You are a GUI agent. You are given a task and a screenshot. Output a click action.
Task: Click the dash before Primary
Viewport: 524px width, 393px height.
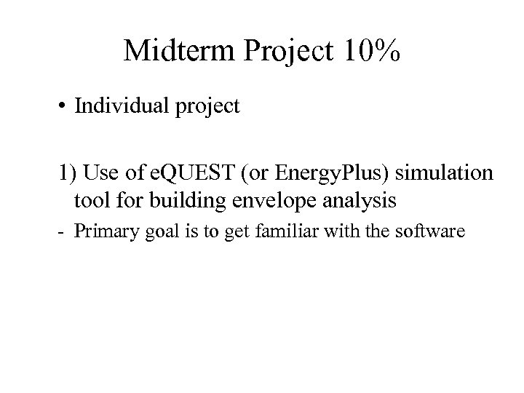[62, 233]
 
